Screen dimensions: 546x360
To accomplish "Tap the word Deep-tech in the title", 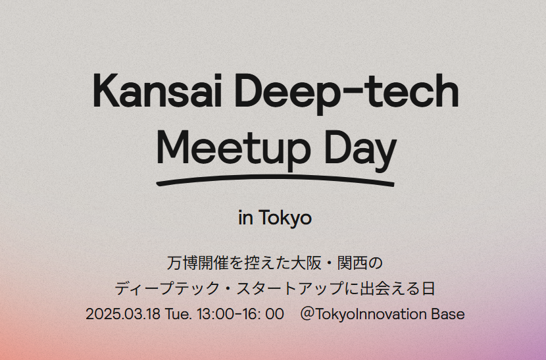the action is [x=347, y=93].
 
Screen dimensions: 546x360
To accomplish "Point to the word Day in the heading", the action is [x=360, y=150].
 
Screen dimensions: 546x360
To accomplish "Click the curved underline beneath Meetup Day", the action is [x=275, y=178].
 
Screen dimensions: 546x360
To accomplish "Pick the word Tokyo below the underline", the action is [x=285, y=218].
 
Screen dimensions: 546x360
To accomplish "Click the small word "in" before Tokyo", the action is [x=245, y=218].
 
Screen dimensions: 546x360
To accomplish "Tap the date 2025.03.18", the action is [x=123, y=314].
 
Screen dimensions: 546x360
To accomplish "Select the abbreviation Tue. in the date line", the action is [x=178, y=314].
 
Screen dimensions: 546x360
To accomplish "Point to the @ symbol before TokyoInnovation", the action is [x=307, y=314].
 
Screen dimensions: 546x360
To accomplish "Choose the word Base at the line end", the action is [x=448, y=314].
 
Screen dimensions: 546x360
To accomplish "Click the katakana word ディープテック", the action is [x=162, y=288].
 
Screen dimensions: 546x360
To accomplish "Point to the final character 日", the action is [x=428, y=288].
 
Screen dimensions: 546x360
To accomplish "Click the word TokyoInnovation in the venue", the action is [x=372, y=315].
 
